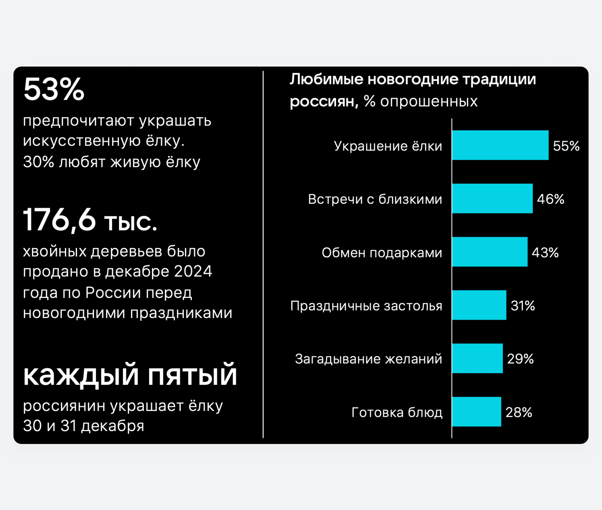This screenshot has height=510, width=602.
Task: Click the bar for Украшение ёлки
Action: coord(500,145)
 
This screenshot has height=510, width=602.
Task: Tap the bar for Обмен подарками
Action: coord(490,252)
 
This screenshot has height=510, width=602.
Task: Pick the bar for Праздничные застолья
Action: coord(479,305)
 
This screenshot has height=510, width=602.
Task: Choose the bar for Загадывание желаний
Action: coord(477,358)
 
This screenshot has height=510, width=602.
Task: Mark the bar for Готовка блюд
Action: coord(476,412)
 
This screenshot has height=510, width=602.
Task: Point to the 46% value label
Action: coord(550,199)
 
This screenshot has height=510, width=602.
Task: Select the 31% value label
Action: coord(523,306)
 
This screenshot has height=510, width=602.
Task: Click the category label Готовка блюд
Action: coord(397,413)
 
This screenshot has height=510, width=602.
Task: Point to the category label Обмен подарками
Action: coord(382,253)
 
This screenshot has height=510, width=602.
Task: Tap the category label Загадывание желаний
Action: coord(368,359)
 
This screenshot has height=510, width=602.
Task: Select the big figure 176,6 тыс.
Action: coord(90,220)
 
